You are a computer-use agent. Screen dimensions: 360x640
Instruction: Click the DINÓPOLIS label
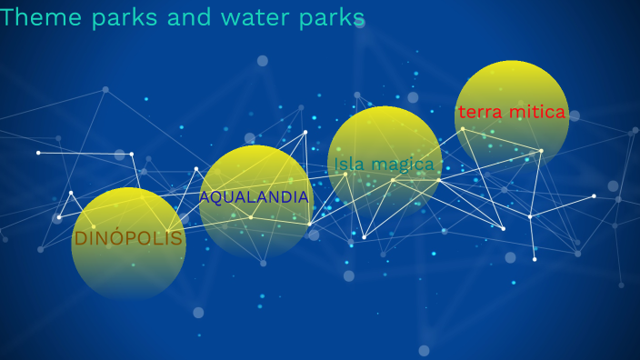pyautogui.click(x=128, y=240)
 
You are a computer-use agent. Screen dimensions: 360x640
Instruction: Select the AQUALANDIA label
pyautogui.click(x=255, y=197)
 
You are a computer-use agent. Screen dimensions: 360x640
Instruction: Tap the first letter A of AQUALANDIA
pyautogui.click(x=205, y=197)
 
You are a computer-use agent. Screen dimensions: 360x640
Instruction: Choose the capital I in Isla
pyautogui.click(x=337, y=165)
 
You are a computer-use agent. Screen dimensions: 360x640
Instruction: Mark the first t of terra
pyautogui.click(x=462, y=113)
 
